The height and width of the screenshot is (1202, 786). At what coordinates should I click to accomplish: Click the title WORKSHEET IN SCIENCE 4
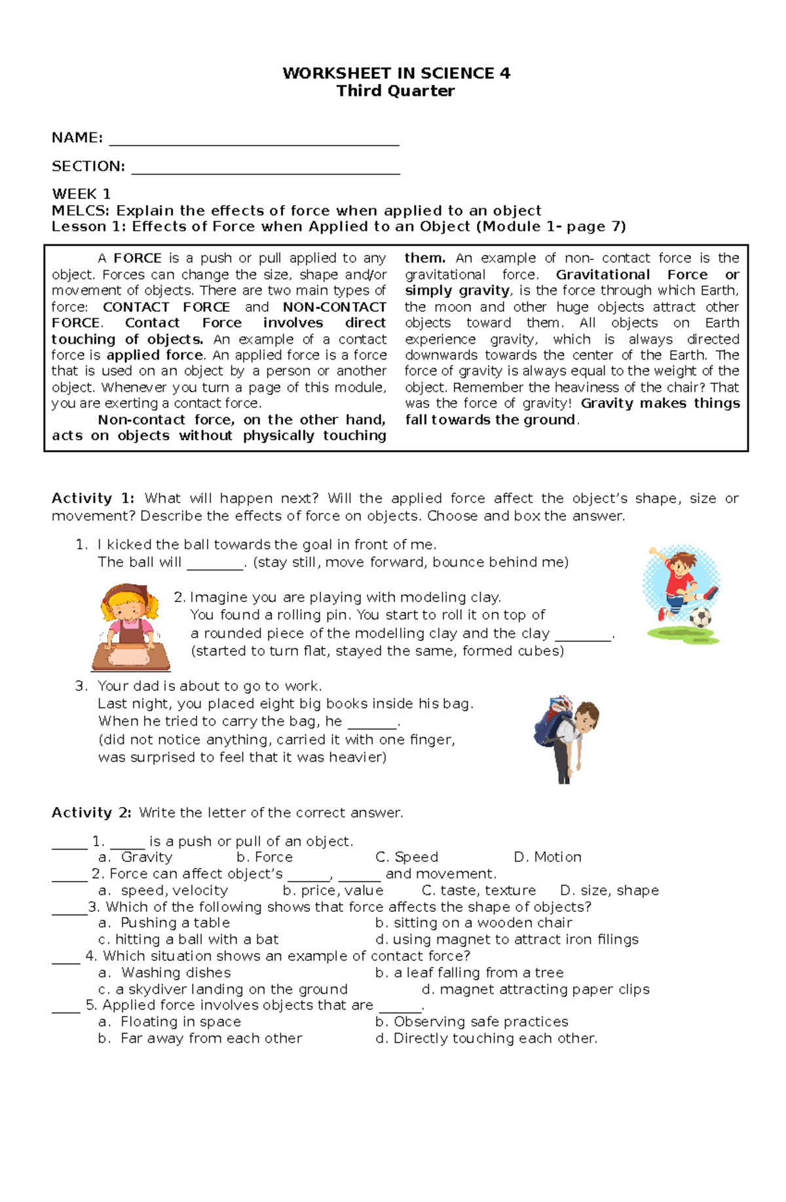coord(396,73)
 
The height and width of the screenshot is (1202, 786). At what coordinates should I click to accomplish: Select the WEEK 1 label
coord(81,194)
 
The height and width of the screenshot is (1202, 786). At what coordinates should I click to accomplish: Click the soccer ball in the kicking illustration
coord(700,616)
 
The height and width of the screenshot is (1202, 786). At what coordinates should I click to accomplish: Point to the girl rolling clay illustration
coord(130,627)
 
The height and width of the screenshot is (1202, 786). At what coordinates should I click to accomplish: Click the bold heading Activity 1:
coord(93,498)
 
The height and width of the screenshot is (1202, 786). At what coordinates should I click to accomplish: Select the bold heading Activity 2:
coord(92,813)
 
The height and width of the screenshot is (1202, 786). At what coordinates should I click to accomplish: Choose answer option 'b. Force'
coord(265,857)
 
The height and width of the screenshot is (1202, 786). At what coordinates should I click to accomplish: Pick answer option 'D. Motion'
coord(548,857)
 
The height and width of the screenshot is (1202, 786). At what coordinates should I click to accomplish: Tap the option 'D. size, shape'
coord(609,891)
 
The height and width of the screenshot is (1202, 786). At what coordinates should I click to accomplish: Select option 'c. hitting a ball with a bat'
coord(188,939)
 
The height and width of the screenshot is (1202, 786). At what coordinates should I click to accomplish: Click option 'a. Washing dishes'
coord(164,973)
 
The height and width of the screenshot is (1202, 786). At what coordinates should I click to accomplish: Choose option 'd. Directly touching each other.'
coord(486,1039)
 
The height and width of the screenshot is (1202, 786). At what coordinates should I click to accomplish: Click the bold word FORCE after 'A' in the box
coord(138,258)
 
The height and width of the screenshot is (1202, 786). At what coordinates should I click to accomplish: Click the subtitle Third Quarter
coord(396,91)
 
